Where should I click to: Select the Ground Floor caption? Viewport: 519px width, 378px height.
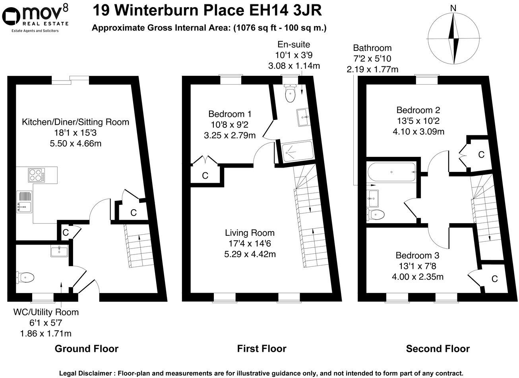[86, 349]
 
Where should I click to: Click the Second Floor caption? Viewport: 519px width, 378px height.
[438, 349]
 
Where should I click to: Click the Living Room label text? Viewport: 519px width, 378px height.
[250, 233]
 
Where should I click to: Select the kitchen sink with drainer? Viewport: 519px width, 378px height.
[24, 202]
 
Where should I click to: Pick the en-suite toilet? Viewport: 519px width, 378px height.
[290, 94]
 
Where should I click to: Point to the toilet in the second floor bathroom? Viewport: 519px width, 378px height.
[376, 215]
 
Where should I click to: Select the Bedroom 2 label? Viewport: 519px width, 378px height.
[418, 110]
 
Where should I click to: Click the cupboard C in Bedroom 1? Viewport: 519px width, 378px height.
[205, 175]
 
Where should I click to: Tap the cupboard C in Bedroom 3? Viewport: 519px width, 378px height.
[494, 279]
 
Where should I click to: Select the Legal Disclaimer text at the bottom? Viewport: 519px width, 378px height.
[261, 373]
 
